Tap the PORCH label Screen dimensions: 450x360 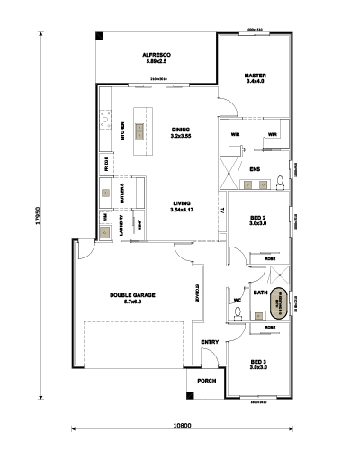(207, 380)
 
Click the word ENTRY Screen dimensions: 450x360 (210, 342)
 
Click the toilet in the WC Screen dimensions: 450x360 (236, 312)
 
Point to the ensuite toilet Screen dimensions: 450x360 (281, 183)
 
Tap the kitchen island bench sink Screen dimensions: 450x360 (139, 130)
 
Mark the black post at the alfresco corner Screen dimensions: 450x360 (101, 36)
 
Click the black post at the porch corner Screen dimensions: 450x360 (191, 393)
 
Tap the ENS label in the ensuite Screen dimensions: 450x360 (255, 168)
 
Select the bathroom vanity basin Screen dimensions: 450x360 (258, 315)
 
